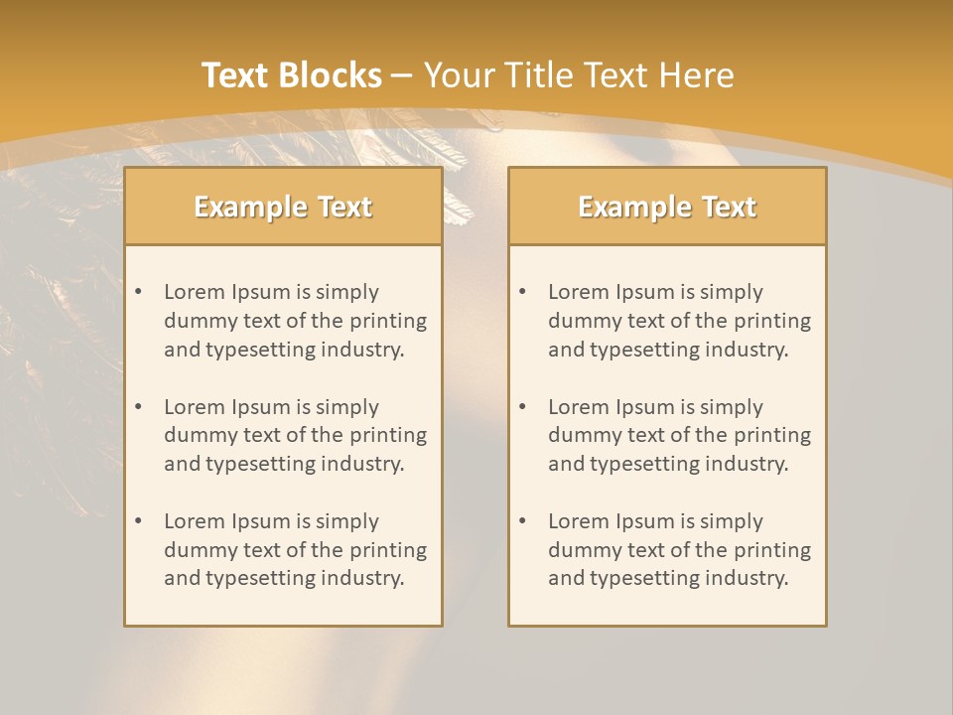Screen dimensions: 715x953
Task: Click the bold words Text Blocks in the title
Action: (292, 75)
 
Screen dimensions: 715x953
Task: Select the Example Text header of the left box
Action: (283, 207)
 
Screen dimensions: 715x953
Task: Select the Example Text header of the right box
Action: (667, 207)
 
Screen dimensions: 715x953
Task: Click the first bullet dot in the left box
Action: (138, 292)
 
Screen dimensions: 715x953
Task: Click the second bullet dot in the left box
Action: (138, 407)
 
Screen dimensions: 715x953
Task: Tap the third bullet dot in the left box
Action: (138, 521)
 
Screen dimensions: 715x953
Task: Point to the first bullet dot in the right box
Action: (522, 292)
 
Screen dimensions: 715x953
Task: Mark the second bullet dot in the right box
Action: (522, 407)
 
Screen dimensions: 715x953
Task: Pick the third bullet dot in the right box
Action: (522, 521)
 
